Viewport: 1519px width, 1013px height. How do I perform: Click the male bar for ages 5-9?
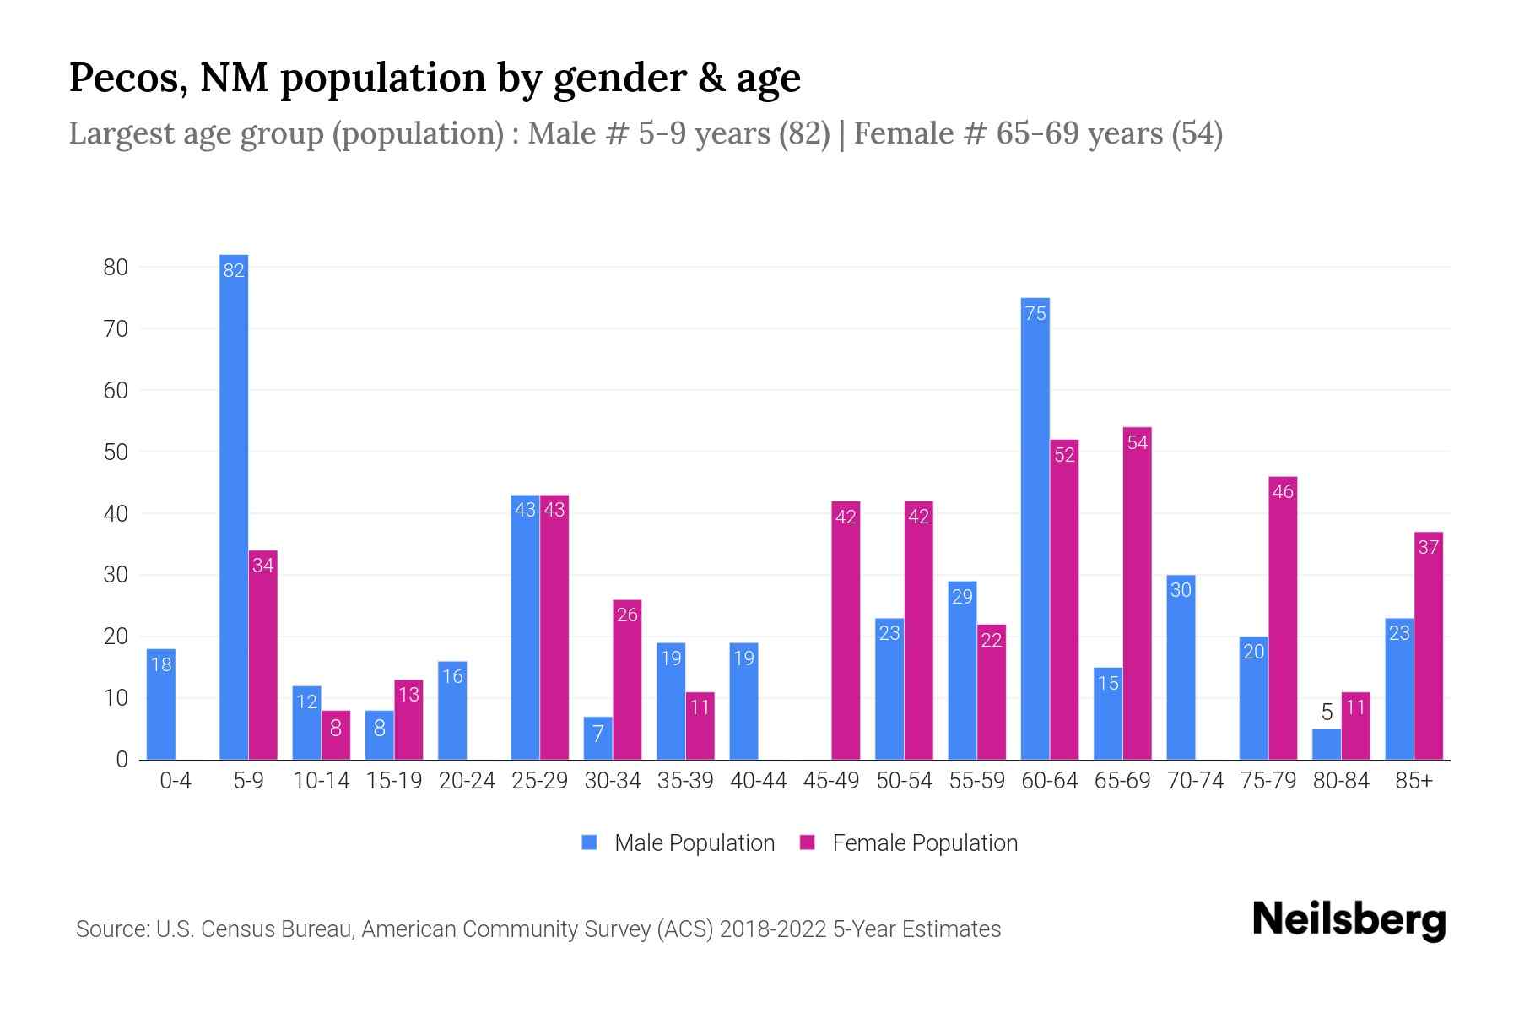click(x=234, y=506)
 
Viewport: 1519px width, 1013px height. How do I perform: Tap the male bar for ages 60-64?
click(x=1035, y=528)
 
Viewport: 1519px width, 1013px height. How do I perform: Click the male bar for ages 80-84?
click(x=1327, y=745)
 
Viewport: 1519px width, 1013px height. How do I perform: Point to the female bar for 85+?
click(x=1429, y=646)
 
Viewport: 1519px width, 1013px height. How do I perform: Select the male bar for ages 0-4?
click(x=161, y=704)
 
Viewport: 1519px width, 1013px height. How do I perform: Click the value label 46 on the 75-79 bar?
click(x=1283, y=491)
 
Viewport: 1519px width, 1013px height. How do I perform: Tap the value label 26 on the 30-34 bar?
click(x=627, y=615)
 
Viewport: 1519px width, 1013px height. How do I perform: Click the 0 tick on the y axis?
click(x=122, y=760)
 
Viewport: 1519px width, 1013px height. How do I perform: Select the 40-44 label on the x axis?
click(x=758, y=781)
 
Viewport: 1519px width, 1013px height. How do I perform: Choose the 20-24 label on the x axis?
click(x=467, y=781)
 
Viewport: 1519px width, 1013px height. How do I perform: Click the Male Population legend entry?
click(x=694, y=842)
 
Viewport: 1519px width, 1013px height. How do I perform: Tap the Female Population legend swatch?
click(x=808, y=842)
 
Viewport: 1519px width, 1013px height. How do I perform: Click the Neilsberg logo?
click(x=1349, y=920)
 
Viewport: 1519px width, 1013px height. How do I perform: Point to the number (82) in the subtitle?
click(x=804, y=133)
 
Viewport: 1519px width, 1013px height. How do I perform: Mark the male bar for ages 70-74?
click(x=1181, y=667)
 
